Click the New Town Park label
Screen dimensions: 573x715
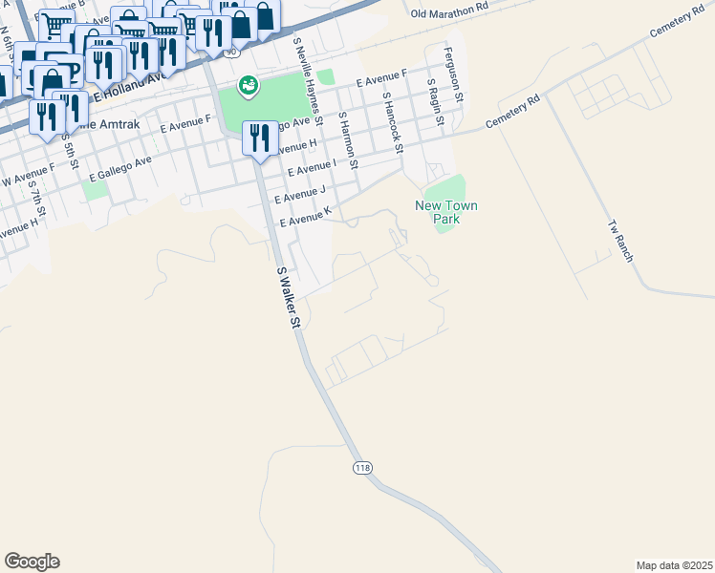(445, 212)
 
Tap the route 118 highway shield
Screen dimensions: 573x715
(361, 467)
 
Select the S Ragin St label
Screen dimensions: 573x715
(436, 104)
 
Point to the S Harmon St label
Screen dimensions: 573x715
(349, 141)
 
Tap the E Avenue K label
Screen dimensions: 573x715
(304, 221)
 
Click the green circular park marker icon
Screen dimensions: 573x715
(248, 86)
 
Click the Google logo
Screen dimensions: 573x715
(32, 562)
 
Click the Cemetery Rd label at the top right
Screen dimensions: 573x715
(676, 32)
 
